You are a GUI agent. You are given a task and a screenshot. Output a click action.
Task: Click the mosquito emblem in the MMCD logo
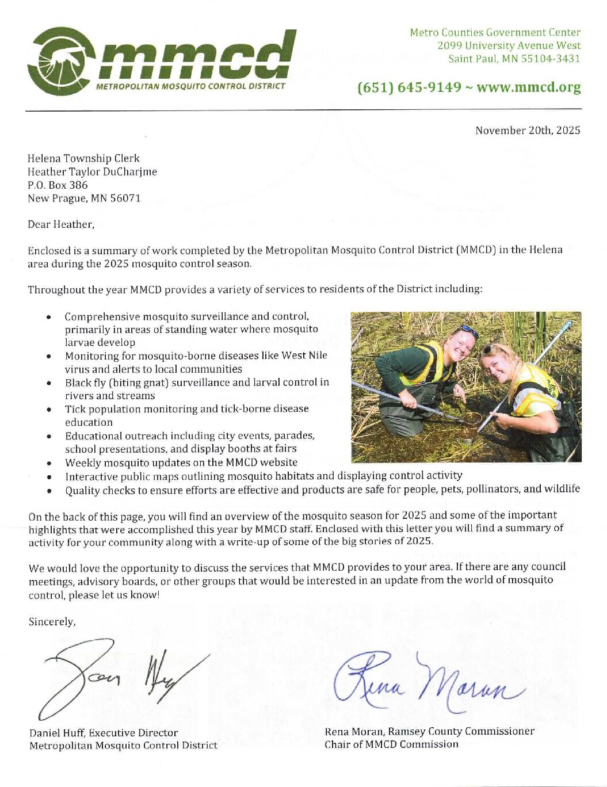(60, 61)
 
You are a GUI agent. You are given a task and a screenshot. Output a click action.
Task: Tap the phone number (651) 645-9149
(409, 87)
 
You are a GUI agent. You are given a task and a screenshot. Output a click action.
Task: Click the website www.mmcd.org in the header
(528, 87)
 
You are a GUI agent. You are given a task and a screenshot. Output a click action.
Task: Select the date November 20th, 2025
(528, 131)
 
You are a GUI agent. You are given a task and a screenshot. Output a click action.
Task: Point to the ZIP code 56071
(125, 198)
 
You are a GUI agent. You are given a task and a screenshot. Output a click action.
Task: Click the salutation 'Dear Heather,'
(61, 224)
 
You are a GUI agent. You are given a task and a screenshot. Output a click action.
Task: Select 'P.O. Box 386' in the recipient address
(58, 185)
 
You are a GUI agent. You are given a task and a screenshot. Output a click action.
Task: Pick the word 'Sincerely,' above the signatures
(52, 622)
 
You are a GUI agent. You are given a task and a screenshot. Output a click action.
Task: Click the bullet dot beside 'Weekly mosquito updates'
(50, 463)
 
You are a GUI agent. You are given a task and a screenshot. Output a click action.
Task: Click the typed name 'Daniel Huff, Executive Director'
(104, 733)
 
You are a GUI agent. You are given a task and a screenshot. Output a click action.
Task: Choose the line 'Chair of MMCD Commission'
(391, 744)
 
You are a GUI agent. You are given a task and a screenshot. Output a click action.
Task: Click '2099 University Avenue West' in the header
(509, 45)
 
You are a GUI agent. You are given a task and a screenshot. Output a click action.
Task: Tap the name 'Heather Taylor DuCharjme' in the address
(92, 172)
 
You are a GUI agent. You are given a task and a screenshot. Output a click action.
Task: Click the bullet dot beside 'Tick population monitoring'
(50, 410)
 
